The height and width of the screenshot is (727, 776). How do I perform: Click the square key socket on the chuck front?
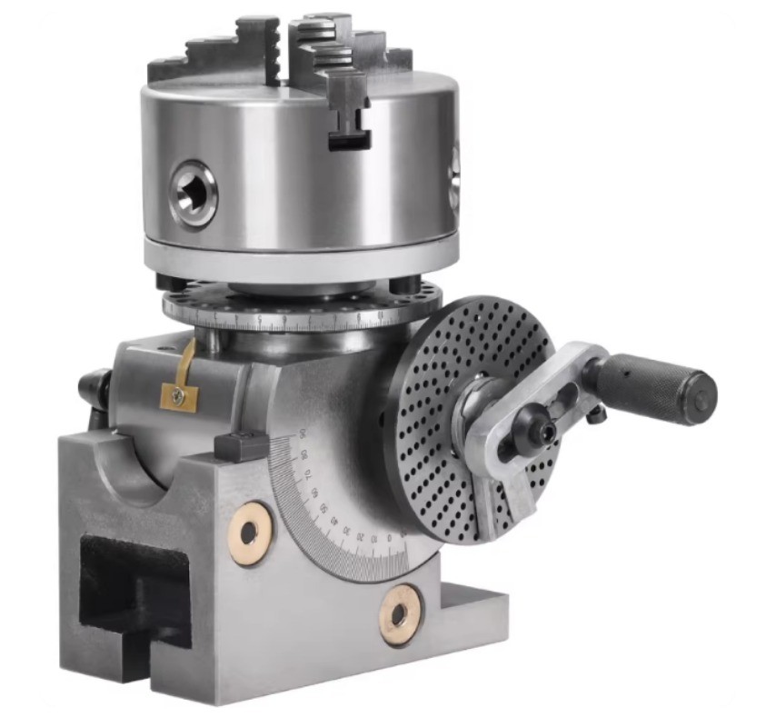coord(193,191)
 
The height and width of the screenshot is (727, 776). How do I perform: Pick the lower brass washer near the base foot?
coord(400,615)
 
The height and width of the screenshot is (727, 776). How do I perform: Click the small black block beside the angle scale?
coord(242,445)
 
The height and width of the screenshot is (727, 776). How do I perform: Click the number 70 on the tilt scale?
coord(308,473)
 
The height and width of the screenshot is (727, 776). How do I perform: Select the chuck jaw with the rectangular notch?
coord(346,109)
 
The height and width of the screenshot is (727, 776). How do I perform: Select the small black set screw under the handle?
coord(596,414)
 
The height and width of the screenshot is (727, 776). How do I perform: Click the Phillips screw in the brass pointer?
coord(179,395)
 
